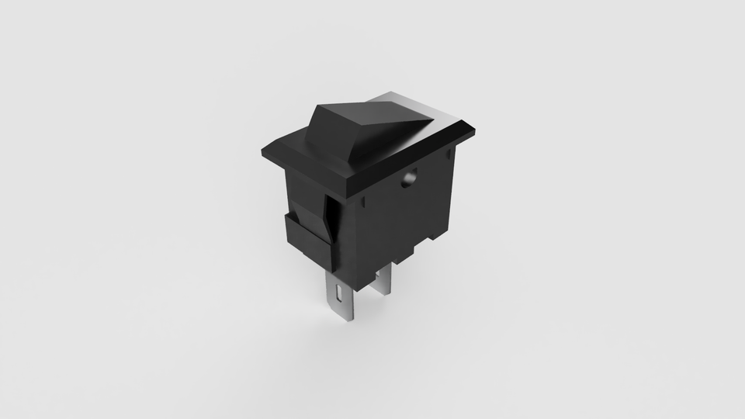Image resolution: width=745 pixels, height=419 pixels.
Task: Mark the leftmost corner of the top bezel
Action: click(262, 153)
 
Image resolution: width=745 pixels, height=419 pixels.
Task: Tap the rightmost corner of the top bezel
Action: click(476, 131)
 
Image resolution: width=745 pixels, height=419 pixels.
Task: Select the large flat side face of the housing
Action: click(400, 217)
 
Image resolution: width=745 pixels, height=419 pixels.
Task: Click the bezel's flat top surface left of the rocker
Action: click(287, 147)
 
